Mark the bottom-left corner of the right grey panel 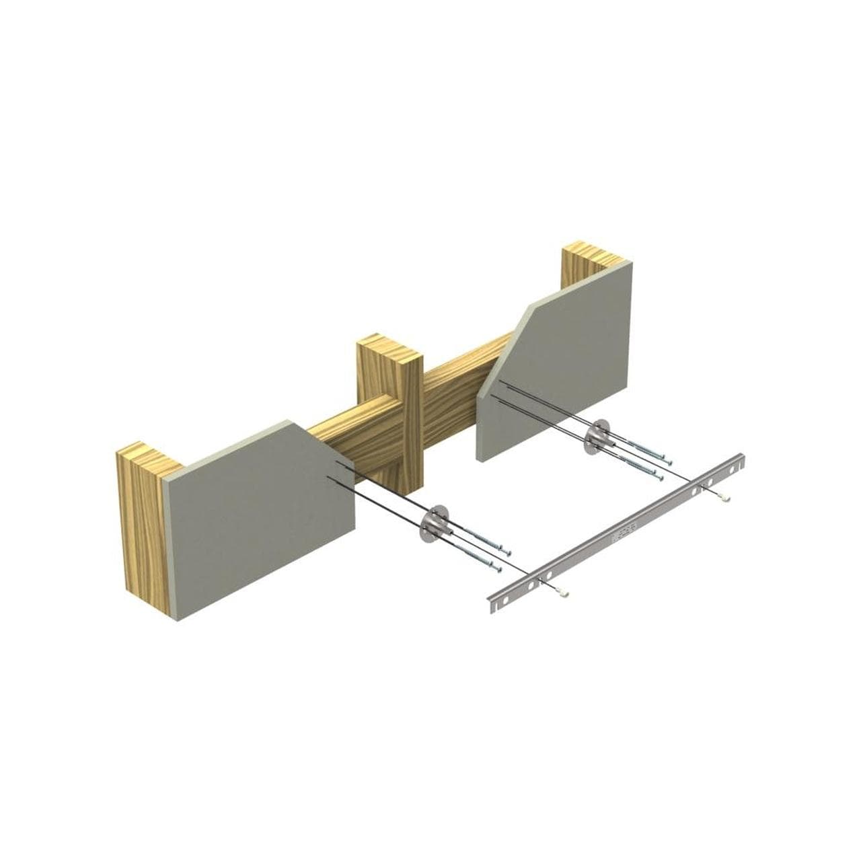click(482, 459)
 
